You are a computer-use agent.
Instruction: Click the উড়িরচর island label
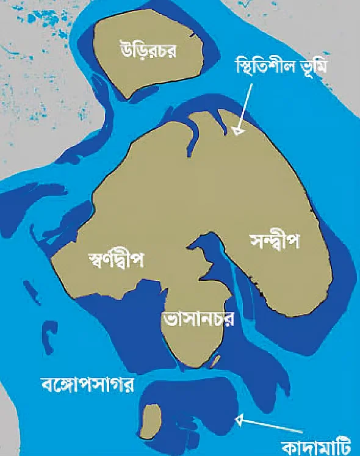[148, 49]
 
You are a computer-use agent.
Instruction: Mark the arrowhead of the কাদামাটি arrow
[240, 419]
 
